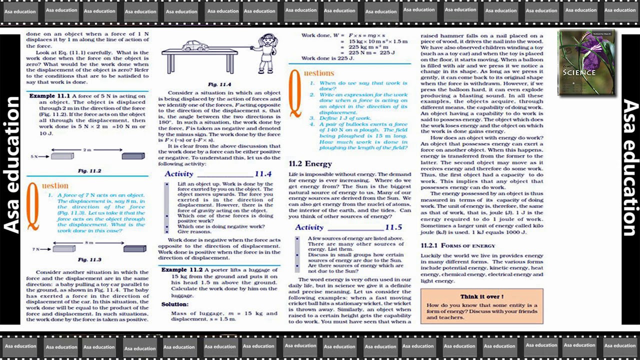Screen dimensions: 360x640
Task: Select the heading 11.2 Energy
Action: (x=310, y=163)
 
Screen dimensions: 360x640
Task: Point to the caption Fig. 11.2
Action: (x=89, y=171)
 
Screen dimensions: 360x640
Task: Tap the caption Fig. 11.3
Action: (x=89, y=259)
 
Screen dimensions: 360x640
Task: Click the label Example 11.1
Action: (x=49, y=95)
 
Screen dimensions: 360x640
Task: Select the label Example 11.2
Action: (x=181, y=269)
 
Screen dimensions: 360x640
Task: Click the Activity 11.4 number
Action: (x=263, y=174)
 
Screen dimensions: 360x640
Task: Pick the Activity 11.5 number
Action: (x=393, y=227)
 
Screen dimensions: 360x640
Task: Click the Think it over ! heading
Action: (x=481, y=296)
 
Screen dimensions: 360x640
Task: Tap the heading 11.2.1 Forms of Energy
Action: (x=458, y=245)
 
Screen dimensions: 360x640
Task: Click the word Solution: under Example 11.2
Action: (x=175, y=304)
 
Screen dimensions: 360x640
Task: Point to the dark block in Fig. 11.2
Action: (x=133, y=156)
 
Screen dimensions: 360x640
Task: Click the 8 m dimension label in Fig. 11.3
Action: (x=88, y=242)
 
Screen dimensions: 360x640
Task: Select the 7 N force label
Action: (x=36, y=248)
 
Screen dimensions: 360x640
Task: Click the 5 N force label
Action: (x=34, y=156)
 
